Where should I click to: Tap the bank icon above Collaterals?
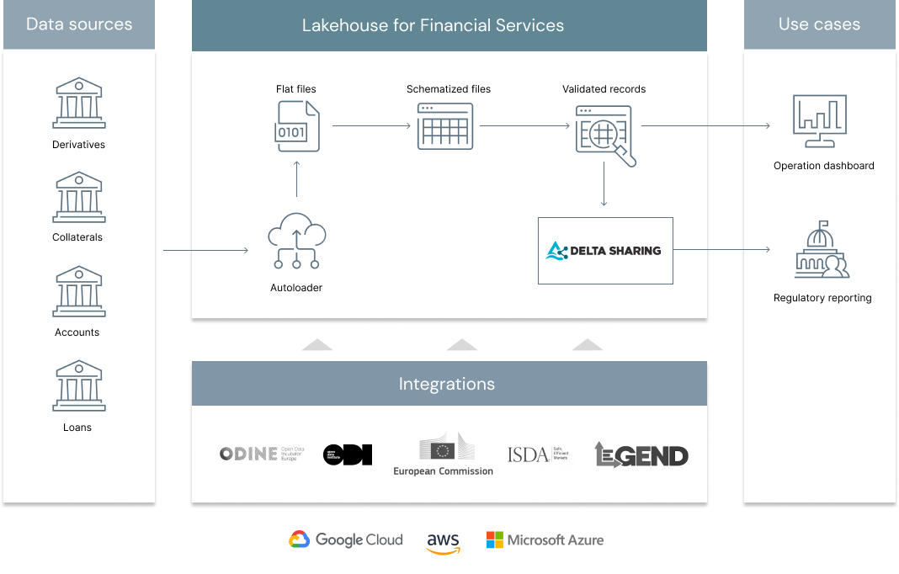78,198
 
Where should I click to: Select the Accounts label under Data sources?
77,332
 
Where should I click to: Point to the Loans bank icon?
78,386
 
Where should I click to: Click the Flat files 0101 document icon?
298,126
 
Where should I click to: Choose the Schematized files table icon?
445,126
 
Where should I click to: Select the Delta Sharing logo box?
605,250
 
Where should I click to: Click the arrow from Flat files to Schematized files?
371,126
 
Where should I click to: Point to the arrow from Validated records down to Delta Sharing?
604,183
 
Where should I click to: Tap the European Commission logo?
444,454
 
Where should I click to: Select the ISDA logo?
538,454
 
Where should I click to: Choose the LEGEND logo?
641,454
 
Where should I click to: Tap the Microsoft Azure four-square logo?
495,540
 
